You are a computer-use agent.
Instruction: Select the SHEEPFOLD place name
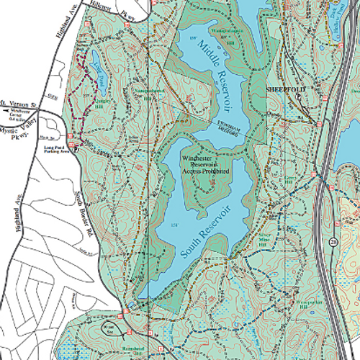click(x=286, y=88)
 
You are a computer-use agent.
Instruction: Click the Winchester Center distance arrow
click(x=12, y=112)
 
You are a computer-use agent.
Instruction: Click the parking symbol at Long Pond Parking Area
click(x=76, y=144)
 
